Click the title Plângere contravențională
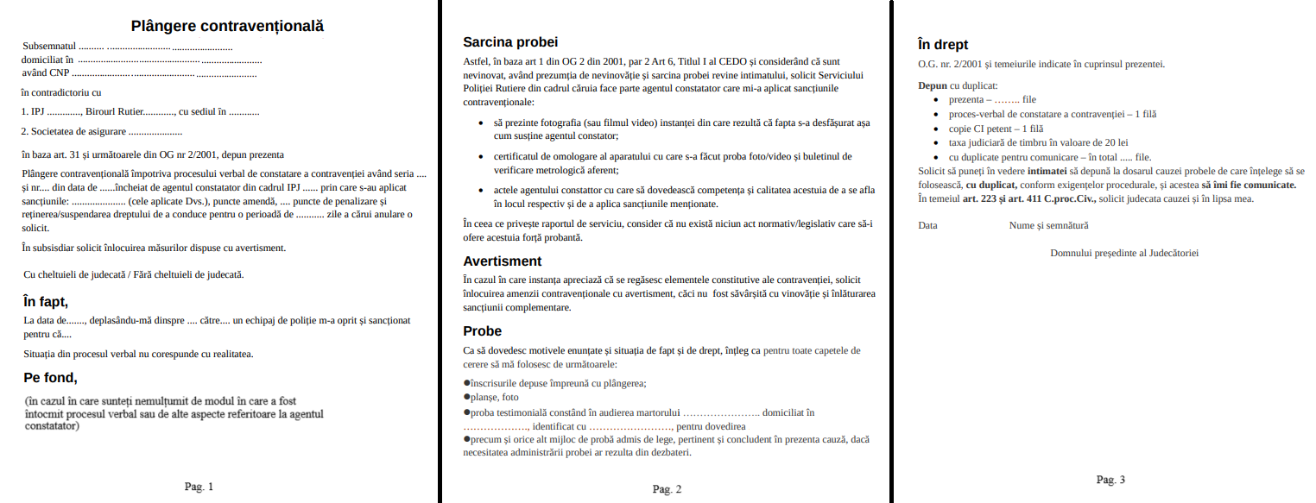coord(228,26)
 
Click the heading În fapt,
coord(45,301)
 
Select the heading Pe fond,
coord(50,376)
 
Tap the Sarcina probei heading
coord(510,41)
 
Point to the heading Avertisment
coord(503,261)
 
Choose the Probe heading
coord(482,331)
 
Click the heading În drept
coord(943,44)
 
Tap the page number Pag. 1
coord(199,487)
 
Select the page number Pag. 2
coord(667,489)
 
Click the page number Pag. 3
coord(1110,480)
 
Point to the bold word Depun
coord(933,85)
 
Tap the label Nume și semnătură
coord(1048,225)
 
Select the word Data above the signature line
coord(927,225)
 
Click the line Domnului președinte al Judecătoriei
coord(1123,253)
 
